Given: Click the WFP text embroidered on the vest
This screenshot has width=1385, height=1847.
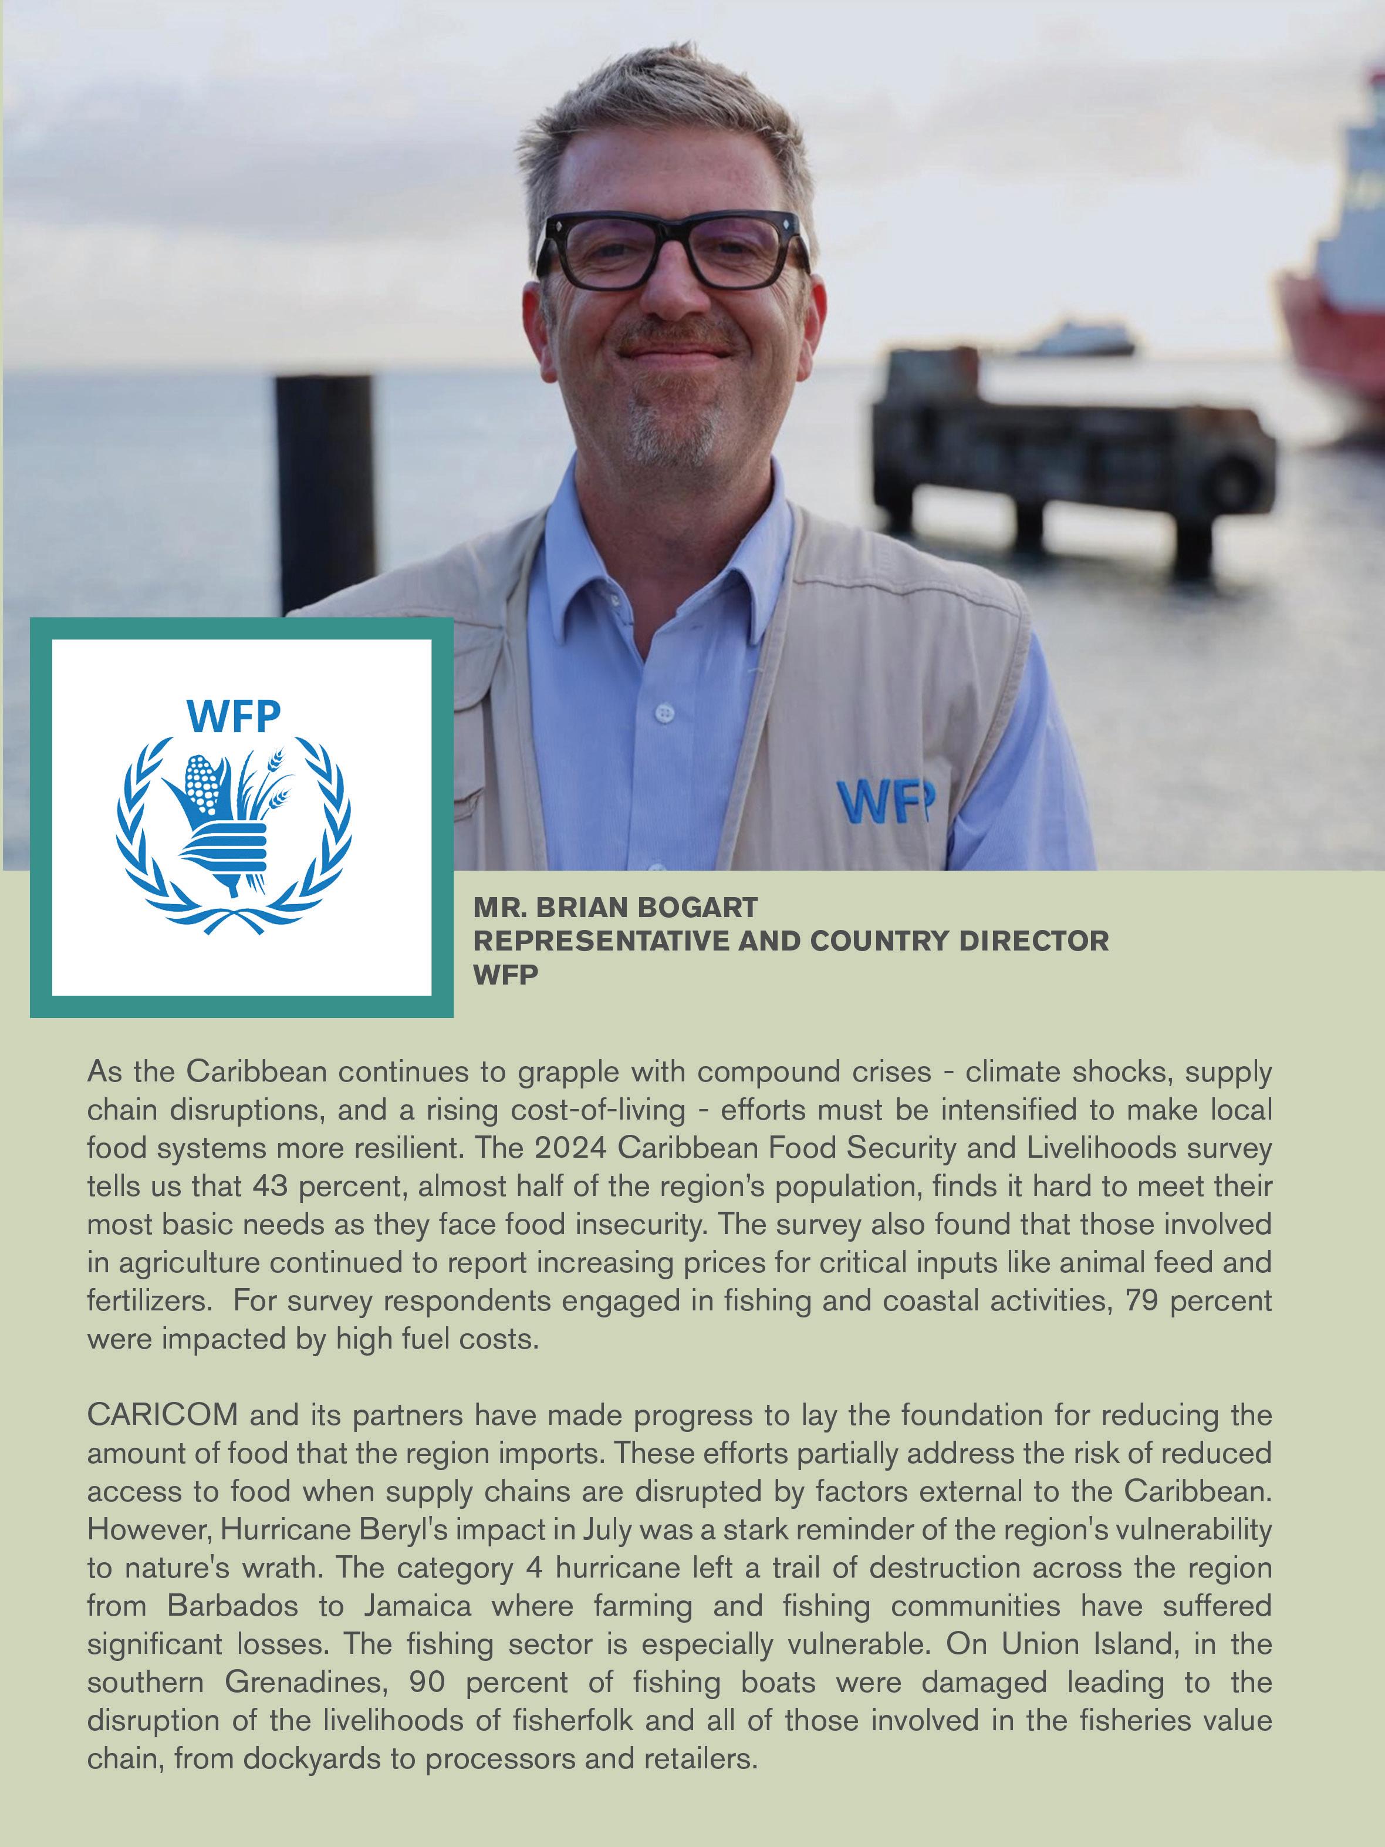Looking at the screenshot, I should pyautogui.click(x=885, y=801).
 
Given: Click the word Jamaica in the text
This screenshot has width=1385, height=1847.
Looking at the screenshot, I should pyautogui.click(x=417, y=1606).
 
